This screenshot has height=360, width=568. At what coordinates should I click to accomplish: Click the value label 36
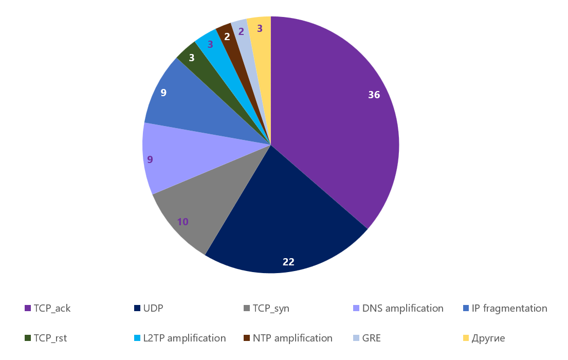pos(374,95)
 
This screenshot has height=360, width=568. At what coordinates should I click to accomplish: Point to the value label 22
pos(288,262)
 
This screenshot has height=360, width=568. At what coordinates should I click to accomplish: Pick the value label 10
pos(182,222)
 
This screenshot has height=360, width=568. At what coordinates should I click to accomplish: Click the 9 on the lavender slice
pos(150,159)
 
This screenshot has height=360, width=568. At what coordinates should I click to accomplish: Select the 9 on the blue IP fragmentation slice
pos(163,93)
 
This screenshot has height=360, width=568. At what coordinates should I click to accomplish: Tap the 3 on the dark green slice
pos(192,58)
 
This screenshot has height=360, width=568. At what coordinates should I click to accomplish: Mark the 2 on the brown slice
pos(227,37)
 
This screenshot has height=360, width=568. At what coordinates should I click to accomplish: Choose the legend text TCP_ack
pos(52,309)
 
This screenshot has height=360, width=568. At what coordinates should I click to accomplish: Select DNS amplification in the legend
pos(402,309)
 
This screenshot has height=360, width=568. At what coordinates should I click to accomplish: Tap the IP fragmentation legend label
pos(509,309)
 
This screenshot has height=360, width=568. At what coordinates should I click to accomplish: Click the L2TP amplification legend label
pos(185,338)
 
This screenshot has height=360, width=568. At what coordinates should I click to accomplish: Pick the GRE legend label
pos(372,338)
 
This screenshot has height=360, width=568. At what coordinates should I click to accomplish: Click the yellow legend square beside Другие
pos(466,338)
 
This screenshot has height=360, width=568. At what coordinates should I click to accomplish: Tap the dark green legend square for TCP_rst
pos(28,338)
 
